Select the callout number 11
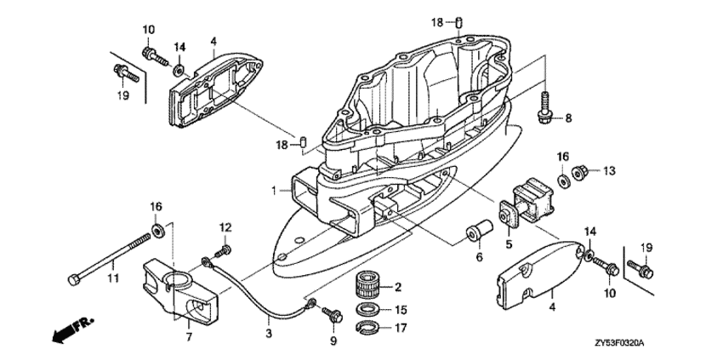pyautogui.click(x=112, y=277)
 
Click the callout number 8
pyautogui.click(x=569, y=118)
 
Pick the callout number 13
pyautogui.click(x=608, y=171)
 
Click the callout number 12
pyautogui.click(x=225, y=226)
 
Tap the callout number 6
pyautogui.click(x=478, y=256)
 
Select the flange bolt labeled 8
pyautogui.click(x=544, y=107)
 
